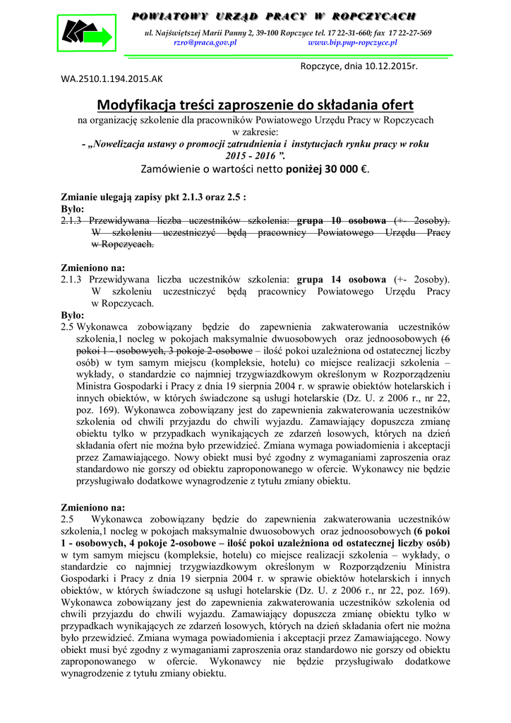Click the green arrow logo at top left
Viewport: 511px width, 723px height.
85,32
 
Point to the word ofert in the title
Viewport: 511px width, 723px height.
397,105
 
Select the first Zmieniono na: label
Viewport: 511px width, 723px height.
93,268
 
